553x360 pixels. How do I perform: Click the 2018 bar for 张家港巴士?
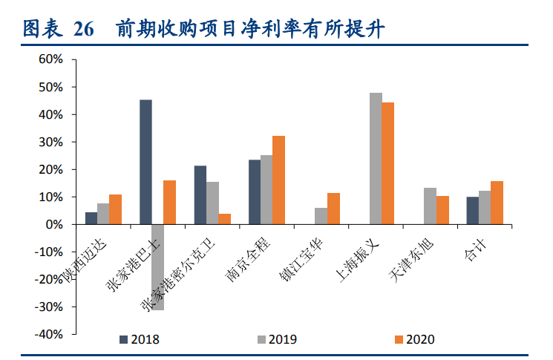coord(145,162)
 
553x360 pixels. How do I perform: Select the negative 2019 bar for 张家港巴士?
coord(157,267)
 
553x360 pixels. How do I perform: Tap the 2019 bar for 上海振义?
coord(376,158)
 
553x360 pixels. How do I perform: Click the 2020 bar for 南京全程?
coord(278,180)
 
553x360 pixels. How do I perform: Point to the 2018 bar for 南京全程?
coord(255,192)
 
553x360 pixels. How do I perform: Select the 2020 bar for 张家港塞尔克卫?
coord(224,219)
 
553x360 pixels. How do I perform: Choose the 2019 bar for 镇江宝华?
coord(321,216)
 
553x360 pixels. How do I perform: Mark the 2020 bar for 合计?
coord(497,203)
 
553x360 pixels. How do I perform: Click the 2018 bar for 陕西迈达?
coord(91,218)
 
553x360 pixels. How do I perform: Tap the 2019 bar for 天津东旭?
coord(430,206)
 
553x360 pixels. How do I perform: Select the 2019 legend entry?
coord(275,339)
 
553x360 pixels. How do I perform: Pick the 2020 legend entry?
coord(413,339)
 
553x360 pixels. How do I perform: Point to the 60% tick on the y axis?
coord(51,59)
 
